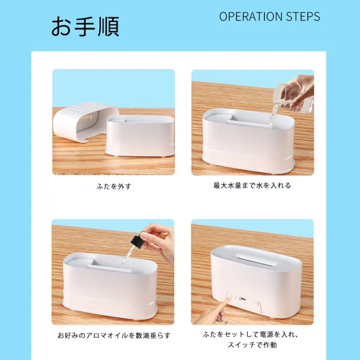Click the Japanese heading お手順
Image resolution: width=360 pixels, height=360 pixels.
point(85,26)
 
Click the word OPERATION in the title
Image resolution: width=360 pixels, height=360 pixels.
point(251,16)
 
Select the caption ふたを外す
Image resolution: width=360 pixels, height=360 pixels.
point(114,186)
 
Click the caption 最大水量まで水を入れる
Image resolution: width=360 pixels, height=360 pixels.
point(252,186)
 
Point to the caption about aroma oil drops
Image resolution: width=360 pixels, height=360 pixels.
point(114,335)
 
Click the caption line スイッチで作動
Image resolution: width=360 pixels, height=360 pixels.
point(253,345)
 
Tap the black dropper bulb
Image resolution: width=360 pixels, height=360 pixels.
point(137,242)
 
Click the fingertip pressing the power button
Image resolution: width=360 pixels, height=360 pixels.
point(230,299)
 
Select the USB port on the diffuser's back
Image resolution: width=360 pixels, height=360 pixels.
point(243,299)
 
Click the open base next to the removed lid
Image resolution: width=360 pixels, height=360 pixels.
point(139,136)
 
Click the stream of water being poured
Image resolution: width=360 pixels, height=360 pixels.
point(271,119)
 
